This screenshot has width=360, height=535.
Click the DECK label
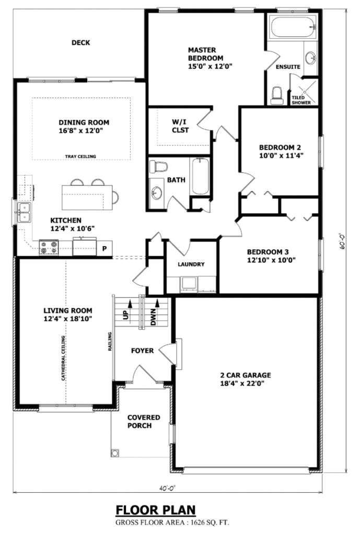click(80, 43)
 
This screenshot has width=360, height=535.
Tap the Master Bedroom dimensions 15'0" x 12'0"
click(210, 66)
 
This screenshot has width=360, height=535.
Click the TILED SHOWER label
click(301, 100)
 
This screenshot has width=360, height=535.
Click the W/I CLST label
click(180, 126)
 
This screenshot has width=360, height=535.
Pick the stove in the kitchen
click(49, 247)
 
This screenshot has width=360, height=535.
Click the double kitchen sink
click(24, 213)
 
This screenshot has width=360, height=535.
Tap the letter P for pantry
click(104, 249)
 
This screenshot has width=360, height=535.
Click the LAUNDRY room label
click(191, 264)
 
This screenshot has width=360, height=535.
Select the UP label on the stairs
click(125, 316)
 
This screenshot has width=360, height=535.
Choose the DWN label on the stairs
click(154, 317)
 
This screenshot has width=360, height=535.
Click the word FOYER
click(142, 351)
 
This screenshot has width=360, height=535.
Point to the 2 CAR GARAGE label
click(245, 379)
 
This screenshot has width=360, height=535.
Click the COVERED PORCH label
click(144, 422)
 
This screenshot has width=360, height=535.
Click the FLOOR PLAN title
click(156, 509)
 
